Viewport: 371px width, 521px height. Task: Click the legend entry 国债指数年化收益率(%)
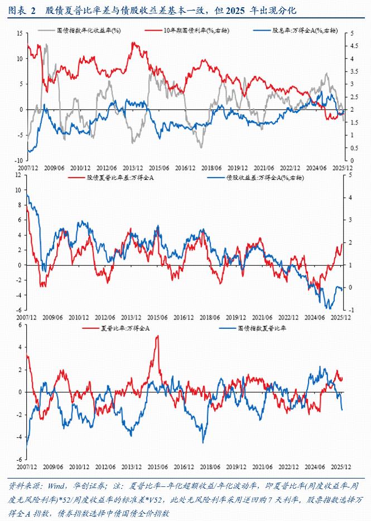(x=98, y=32)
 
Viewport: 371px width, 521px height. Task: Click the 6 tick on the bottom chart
(x=21, y=324)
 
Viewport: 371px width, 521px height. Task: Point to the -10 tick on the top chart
(x=17, y=160)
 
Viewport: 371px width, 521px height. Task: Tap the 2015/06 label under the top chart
(x=159, y=167)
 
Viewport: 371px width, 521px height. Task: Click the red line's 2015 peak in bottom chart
(x=157, y=336)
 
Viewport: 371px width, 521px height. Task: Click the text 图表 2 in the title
(x=22, y=11)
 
